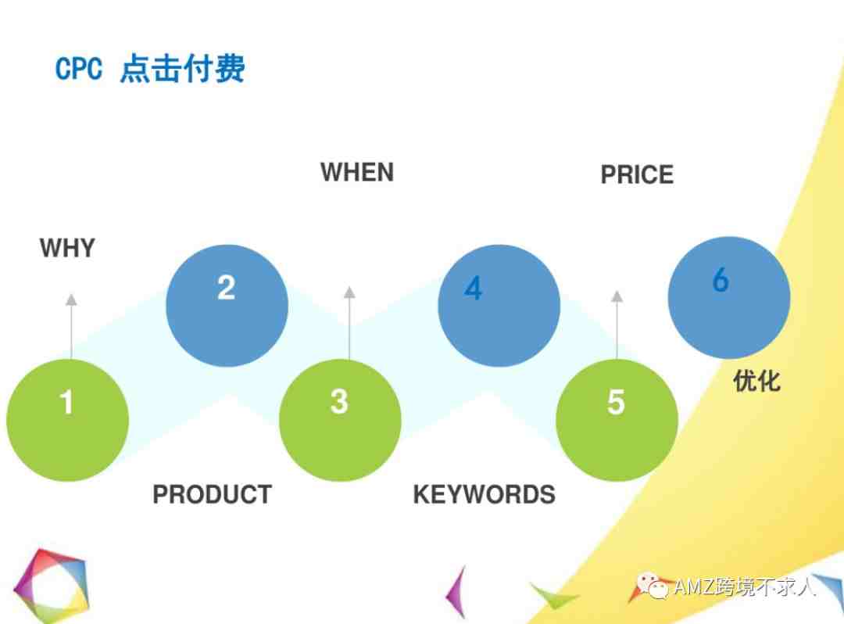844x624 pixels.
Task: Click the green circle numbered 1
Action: pos(67,420)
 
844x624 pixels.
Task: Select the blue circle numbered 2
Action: pos(227,305)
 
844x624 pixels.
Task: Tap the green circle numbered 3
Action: pos(340,420)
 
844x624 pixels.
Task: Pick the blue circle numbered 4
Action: pos(499,305)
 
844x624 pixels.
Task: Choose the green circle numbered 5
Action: pos(617,420)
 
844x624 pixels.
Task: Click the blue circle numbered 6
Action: pos(729,297)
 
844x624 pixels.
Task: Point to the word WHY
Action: pos(67,248)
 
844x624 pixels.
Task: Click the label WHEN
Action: pos(357,172)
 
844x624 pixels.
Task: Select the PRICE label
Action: pos(637,174)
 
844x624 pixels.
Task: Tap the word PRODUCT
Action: pos(212,494)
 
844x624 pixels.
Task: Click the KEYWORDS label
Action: pos(484,494)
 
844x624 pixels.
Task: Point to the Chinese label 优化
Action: pos(756,381)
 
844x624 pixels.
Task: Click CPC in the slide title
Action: pos(79,69)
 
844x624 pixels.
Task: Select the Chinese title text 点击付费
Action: pos(182,68)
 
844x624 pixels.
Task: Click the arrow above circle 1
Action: pos(71,326)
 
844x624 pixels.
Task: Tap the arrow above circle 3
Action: pos(349,323)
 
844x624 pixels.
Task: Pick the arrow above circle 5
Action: pos(617,325)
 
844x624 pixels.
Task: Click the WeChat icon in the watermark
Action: pos(653,586)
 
